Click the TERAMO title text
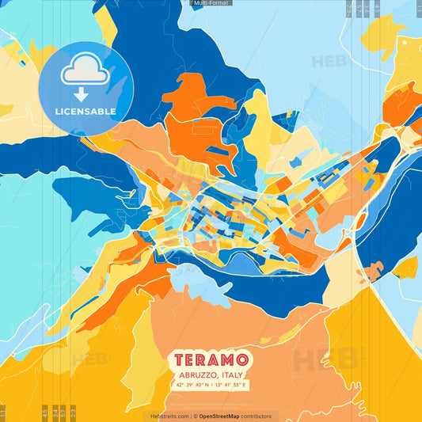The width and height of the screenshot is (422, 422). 211,361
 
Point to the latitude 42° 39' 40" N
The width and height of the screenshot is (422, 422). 191,386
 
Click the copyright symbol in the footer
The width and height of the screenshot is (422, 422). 192,416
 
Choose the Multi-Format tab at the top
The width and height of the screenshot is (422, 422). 211,3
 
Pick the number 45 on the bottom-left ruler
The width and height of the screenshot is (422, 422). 44,412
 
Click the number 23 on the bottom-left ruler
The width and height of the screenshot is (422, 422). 74,412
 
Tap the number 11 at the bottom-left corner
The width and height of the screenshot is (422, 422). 2,412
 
